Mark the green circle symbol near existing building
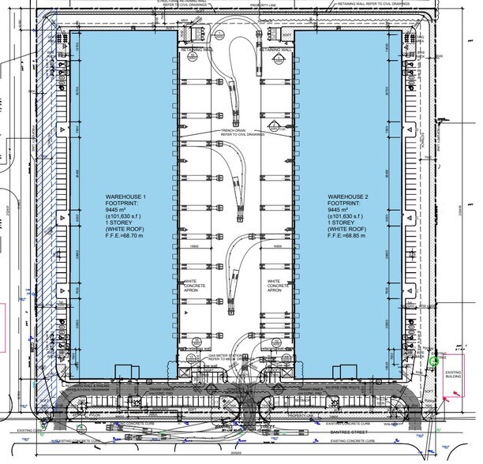pos(434,361)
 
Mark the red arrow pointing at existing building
pos(451,399)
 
